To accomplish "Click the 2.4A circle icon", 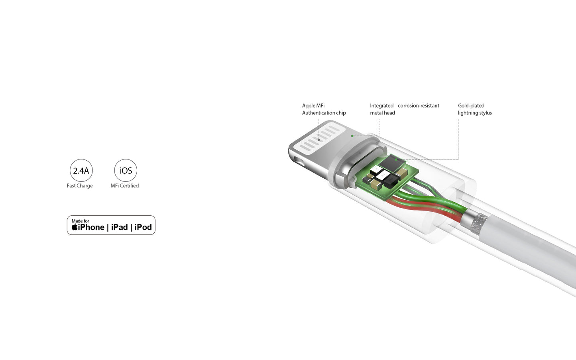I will [81, 171].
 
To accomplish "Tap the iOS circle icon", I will [126, 171].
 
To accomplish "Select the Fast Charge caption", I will [80, 186].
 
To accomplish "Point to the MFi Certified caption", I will [125, 186].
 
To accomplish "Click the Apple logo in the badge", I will [75, 227].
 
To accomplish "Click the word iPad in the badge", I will [119, 227].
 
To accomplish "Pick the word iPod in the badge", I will [143, 227].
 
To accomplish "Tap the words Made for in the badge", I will [81, 221].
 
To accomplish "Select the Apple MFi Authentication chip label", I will [324, 109].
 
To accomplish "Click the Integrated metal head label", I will [382, 109].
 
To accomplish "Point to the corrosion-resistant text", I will [419, 106].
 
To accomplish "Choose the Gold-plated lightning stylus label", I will [475, 109].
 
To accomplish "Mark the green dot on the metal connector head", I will [352, 136].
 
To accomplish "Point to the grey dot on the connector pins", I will [319, 140].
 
